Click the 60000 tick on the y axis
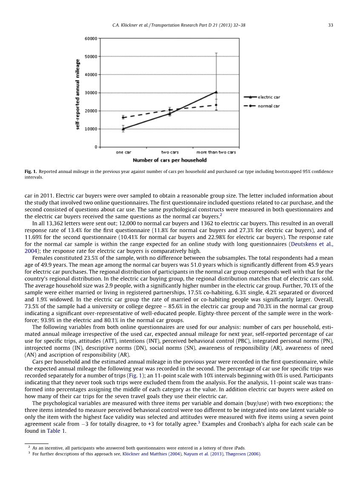[90, 38]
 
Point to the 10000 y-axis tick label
[90, 129]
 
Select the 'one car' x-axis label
[123, 152]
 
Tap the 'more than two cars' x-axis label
[216, 152]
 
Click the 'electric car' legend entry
[269, 97]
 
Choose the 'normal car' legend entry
[269, 106]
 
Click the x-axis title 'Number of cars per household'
[170, 160]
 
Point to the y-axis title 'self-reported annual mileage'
[78, 94]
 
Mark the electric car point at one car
[123, 128]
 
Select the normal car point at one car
[123, 117]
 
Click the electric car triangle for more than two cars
[216, 92]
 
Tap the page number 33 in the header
[330, 25]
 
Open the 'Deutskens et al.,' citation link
[312, 244]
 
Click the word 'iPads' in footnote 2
[239, 448]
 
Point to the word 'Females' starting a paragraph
[41, 257]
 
